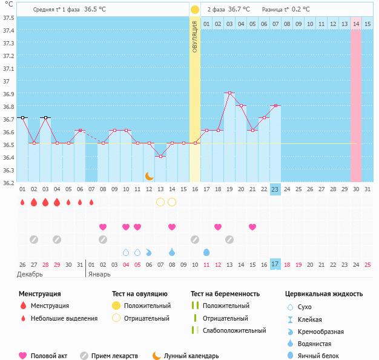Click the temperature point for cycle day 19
229,93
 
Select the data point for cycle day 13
160,156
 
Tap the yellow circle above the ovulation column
195,10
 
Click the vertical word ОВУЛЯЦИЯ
195,36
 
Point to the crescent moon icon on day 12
149,176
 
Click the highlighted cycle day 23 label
275,189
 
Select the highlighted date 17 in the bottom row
275,264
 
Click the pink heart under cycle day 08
103,227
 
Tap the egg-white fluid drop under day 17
206,252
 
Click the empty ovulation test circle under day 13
160,202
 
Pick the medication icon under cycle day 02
34,239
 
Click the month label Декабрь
30,274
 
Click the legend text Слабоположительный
234,330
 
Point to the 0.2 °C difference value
301,10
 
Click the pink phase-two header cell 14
356,24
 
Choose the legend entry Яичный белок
322,356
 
